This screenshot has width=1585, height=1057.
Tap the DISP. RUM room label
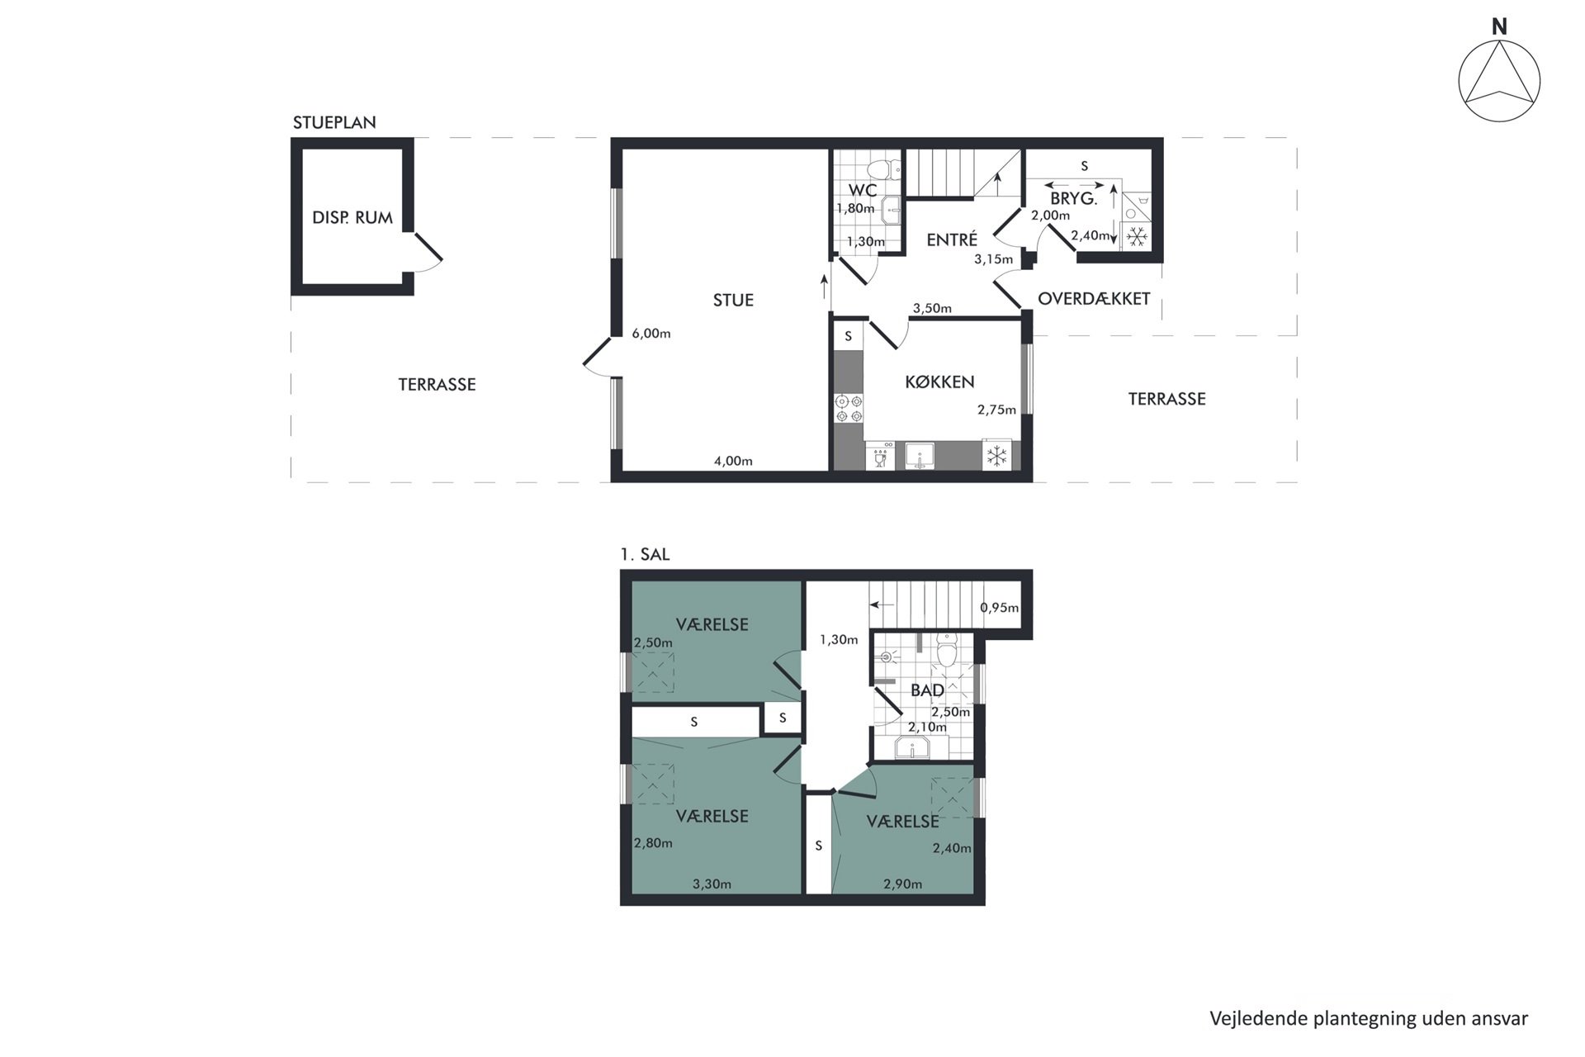[352, 218]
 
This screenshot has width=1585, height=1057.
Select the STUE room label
[733, 301]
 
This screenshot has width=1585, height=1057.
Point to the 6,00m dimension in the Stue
[651, 334]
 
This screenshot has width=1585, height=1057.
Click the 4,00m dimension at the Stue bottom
[733, 462]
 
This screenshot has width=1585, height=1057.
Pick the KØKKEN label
[939, 382]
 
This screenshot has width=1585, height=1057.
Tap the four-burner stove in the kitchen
[849, 409]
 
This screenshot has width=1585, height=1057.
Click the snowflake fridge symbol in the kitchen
[996, 456]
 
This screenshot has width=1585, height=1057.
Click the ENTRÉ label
[952, 240]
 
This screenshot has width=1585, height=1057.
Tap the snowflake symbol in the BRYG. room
[1138, 237]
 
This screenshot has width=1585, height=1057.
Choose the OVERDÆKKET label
[1094, 299]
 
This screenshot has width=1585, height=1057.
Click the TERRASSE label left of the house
[437, 385]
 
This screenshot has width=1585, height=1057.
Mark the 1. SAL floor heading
[645, 555]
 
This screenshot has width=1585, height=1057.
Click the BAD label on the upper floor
[927, 690]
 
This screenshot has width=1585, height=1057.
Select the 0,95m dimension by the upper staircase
[999, 609]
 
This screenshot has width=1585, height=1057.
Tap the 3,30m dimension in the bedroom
[712, 884]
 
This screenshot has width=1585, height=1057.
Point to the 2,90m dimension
[902, 884]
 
